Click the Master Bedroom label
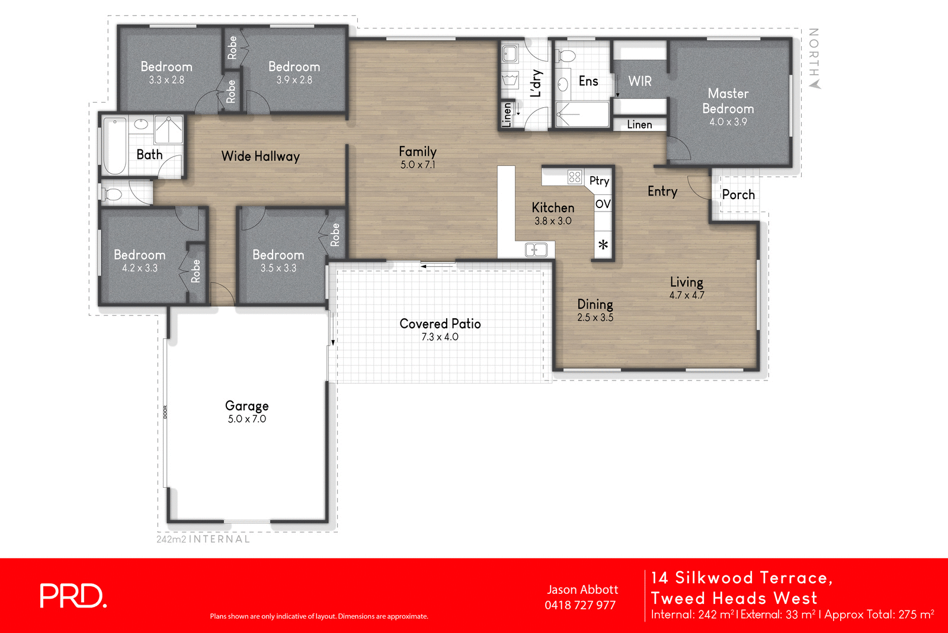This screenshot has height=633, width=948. (728, 101)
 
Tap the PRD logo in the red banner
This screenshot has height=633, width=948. (73, 596)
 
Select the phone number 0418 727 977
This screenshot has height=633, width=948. (580, 605)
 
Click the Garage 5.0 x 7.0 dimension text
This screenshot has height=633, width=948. (247, 419)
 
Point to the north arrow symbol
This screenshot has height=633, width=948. (815, 84)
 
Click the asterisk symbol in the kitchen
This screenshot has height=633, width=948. (603, 245)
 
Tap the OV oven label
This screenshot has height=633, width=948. (603, 204)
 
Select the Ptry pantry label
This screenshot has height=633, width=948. (599, 181)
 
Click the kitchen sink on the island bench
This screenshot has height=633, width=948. (536, 250)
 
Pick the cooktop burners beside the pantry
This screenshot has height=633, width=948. (575, 177)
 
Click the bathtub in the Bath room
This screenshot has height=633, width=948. (115, 145)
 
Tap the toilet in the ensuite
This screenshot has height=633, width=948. (567, 56)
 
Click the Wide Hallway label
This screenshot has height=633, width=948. (261, 156)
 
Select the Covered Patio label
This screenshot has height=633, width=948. (440, 324)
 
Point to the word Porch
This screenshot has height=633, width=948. (738, 194)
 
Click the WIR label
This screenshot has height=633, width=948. (640, 81)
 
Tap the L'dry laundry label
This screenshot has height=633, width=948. (536, 83)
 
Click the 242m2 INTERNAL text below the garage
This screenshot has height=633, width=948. (203, 539)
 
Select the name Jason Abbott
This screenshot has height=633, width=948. (582, 590)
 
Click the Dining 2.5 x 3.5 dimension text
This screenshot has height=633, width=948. (595, 318)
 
